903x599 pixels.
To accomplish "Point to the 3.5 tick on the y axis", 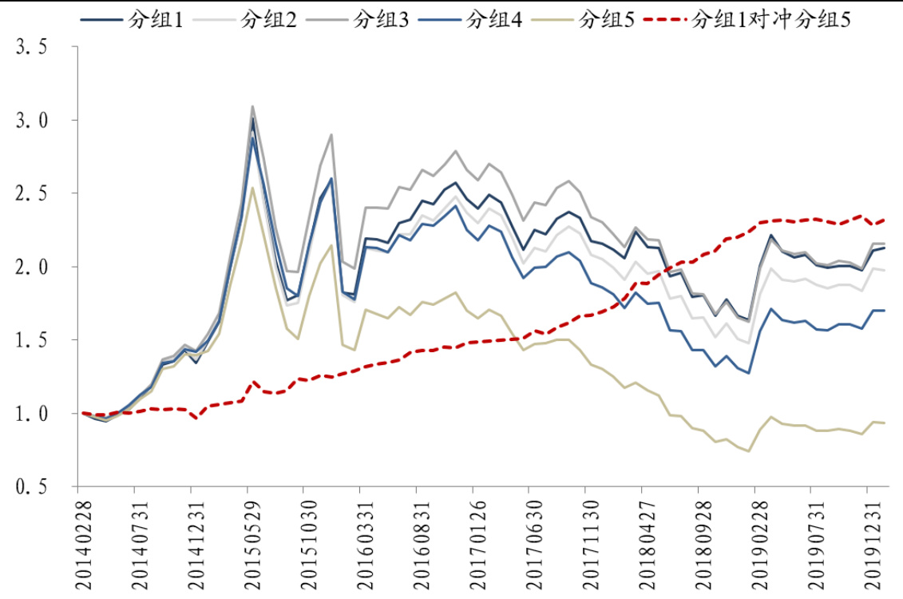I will click(33, 47).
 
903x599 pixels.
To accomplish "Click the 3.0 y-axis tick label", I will click(33, 121).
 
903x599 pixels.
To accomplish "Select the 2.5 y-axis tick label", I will click(33, 194).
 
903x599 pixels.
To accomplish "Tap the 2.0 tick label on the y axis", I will click(33, 267).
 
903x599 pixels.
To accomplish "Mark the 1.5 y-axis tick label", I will click(33, 340).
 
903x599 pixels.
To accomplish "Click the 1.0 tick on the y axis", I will click(33, 414).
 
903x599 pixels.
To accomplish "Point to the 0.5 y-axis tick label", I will click(33, 487).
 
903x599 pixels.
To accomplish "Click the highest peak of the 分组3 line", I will click(252, 106).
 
